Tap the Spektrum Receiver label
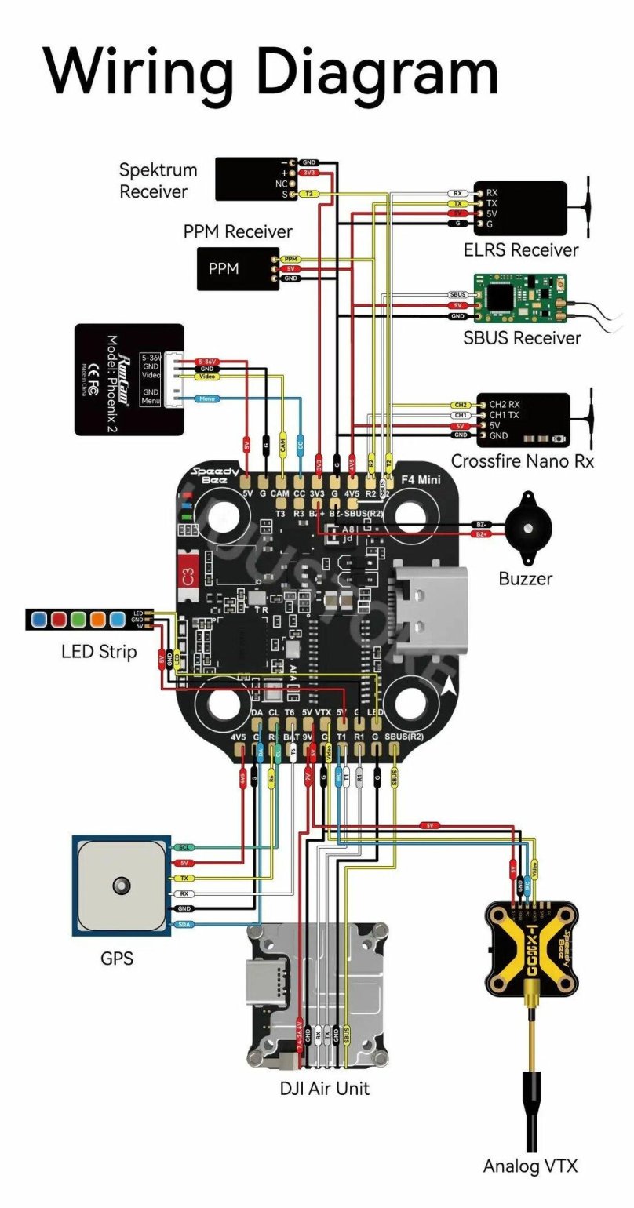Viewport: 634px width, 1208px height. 158,180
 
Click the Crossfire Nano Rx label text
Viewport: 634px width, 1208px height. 523,461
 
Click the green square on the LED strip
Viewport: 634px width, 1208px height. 77,620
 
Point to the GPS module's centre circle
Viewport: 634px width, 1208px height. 120,885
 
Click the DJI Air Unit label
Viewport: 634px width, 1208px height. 324,1088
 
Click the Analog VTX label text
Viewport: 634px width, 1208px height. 530,1166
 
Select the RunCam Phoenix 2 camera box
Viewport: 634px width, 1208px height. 129,379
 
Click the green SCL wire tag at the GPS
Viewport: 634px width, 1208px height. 184,848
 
